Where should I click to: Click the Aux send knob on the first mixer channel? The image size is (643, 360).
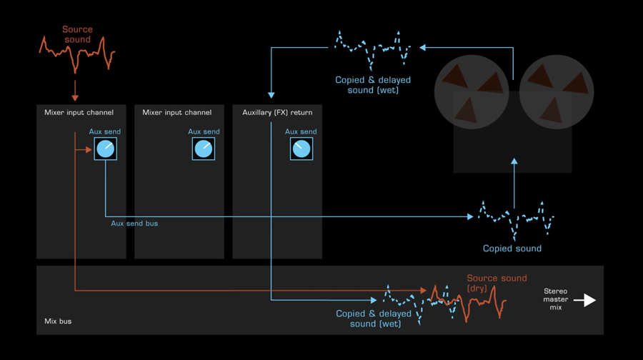tap(106, 149)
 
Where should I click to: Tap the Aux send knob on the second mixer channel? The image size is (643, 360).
tap(204, 149)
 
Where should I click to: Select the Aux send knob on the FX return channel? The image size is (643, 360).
tap(301, 149)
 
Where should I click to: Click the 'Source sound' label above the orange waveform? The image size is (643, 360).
tap(77, 34)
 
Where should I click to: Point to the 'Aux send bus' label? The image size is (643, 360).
tap(134, 224)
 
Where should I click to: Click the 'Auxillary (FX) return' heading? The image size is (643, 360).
tap(276, 112)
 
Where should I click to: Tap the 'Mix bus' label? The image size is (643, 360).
tap(58, 321)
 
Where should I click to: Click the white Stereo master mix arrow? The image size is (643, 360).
tap(585, 300)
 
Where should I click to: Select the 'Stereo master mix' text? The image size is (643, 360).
tap(556, 299)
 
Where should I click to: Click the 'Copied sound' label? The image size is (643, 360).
tap(512, 249)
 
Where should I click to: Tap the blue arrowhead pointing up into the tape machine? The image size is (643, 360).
tap(514, 164)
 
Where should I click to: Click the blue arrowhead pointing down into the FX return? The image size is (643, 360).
tap(271, 94)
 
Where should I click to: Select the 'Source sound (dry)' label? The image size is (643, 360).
tap(497, 283)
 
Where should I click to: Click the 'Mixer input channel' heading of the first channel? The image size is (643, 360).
tap(79, 112)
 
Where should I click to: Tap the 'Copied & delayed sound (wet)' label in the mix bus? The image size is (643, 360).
tap(373, 319)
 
